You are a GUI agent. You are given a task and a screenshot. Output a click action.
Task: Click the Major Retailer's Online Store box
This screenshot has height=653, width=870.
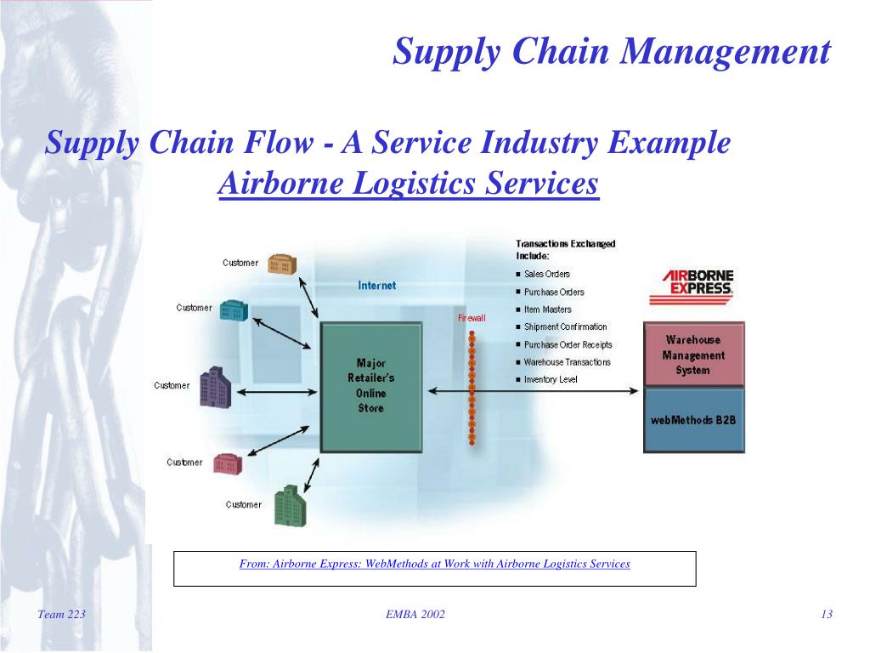click(370, 387)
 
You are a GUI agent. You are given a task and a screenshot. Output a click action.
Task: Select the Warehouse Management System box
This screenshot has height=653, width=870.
click(693, 355)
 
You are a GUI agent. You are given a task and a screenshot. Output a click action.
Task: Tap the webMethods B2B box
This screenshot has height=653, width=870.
click(693, 420)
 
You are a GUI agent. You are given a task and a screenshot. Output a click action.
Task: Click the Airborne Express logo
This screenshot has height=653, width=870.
click(697, 287)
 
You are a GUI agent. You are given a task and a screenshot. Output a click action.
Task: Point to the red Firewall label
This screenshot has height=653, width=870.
click(472, 318)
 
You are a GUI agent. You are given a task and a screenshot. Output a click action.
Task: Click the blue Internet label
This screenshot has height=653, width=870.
click(376, 286)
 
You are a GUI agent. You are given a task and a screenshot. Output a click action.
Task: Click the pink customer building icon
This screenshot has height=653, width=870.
click(228, 463)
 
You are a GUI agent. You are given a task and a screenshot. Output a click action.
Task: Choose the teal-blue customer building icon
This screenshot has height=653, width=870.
click(233, 310)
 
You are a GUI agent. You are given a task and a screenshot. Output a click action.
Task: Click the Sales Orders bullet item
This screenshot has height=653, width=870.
click(546, 274)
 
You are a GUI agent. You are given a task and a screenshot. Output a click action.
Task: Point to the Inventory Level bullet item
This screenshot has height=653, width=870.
click(550, 380)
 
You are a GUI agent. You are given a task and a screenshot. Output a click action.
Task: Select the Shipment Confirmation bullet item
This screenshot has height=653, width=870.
click(565, 326)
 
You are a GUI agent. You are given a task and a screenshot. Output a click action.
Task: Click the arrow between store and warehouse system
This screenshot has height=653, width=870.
click(533, 390)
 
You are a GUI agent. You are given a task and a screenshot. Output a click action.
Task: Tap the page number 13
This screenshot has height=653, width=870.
click(826, 615)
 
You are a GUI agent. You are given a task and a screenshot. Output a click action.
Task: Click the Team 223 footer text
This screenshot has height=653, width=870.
click(62, 615)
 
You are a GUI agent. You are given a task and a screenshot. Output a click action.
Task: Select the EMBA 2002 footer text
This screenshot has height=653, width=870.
click(410, 615)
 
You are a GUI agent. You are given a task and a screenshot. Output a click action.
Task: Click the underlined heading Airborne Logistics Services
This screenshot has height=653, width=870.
click(409, 184)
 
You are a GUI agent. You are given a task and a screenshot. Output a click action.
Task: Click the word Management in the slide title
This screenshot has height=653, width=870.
click(726, 52)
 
